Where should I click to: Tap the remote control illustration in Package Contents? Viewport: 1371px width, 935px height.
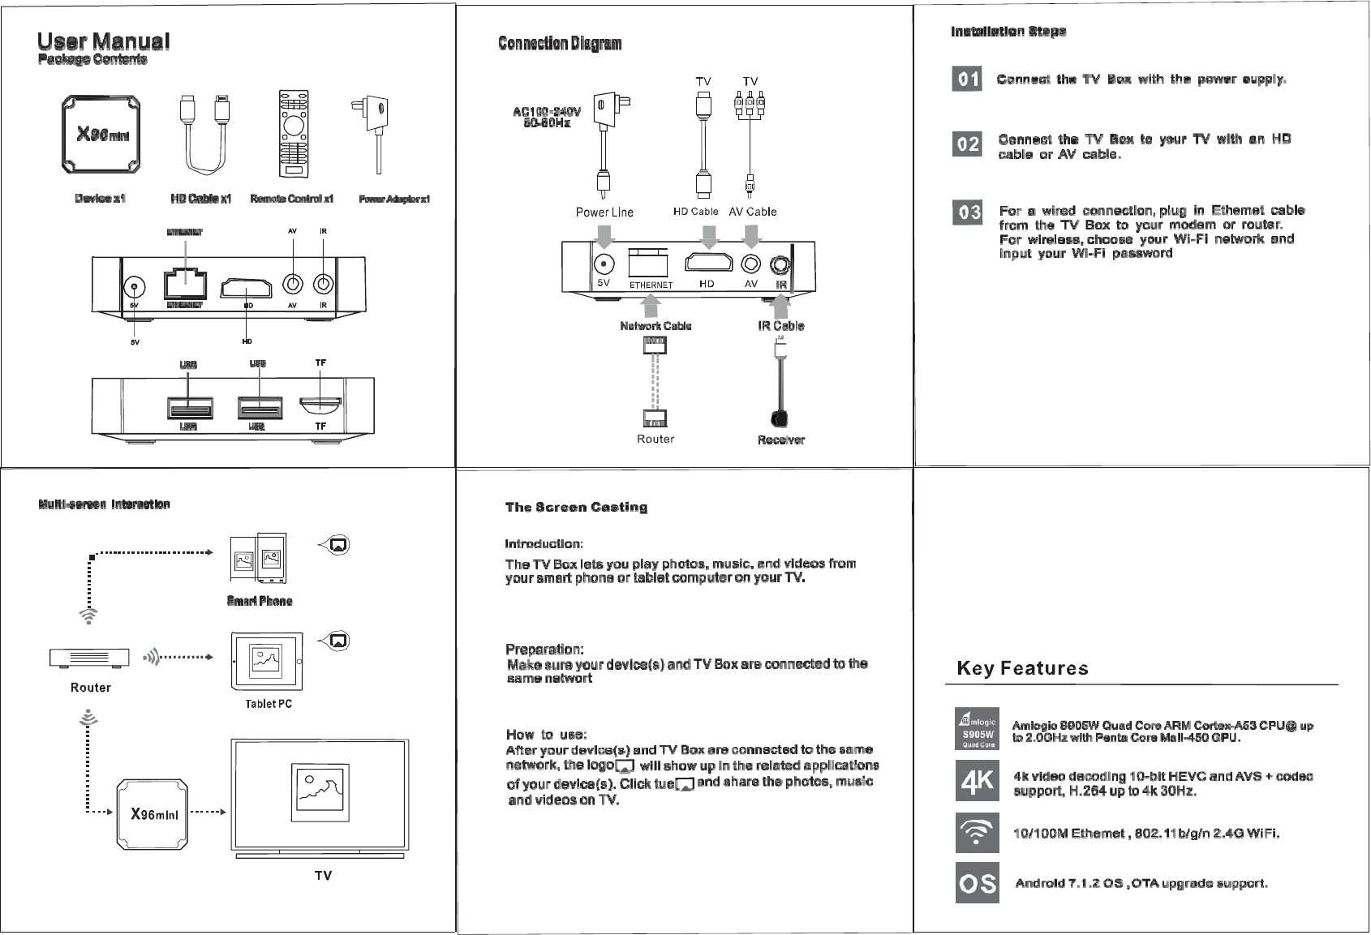[x=293, y=134]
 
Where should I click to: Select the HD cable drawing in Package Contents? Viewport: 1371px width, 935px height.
[x=204, y=134]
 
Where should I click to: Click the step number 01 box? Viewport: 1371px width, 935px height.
[x=967, y=79]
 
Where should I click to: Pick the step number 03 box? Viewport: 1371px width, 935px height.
[x=967, y=212]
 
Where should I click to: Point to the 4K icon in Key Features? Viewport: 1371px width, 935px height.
[x=977, y=781]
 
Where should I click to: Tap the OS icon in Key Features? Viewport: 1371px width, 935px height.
[x=977, y=883]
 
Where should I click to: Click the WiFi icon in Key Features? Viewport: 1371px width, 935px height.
[x=977, y=833]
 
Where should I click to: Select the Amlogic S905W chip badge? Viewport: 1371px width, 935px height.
[x=977, y=730]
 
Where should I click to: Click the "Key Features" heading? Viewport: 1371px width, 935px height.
[x=1022, y=668]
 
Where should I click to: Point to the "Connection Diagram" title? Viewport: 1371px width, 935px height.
[x=560, y=43]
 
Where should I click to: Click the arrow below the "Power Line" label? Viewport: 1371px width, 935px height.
[x=604, y=236]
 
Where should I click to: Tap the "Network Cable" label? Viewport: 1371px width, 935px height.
[x=655, y=326]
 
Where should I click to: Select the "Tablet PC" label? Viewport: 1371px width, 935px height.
[x=269, y=704]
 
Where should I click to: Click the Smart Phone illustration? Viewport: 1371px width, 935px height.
[x=259, y=558]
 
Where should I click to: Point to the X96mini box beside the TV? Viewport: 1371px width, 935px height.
[x=154, y=813]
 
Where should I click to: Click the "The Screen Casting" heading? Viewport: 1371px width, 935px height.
[x=576, y=508]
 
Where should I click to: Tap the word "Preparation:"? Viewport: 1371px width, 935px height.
[x=544, y=650]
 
